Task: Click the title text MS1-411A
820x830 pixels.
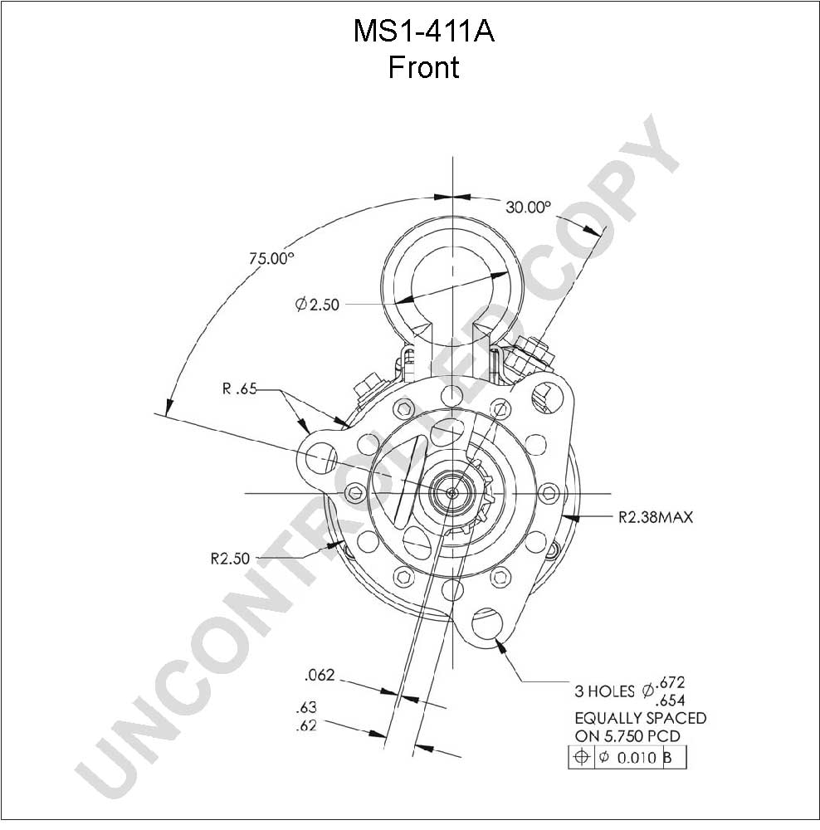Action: click(423, 32)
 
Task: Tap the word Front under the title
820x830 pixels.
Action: click(423, 67)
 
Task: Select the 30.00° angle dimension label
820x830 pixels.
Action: click(528, 207)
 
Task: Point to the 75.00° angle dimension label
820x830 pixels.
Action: click(271, 258)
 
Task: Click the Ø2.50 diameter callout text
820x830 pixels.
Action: click(317, 305)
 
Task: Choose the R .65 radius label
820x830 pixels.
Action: click(239, 389)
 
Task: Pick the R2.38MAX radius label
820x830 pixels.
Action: click(656, 516)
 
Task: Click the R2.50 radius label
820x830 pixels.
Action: click(230, 559)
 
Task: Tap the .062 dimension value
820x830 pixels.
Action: click(320, 675)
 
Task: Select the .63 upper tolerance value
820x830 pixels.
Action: click(306, 707)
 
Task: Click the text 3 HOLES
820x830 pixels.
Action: click(604, 691)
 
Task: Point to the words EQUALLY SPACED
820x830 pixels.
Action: click(641, 718)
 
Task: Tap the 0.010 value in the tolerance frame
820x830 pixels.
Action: click(637, 758)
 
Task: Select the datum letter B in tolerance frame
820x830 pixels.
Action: click(667, 758)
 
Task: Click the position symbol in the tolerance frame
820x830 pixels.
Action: click(581, 757)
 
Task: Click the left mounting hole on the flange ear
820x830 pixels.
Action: click(318, 456)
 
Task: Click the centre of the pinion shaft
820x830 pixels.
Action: click(452, 493)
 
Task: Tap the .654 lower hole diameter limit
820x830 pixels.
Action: click(670, 701)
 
